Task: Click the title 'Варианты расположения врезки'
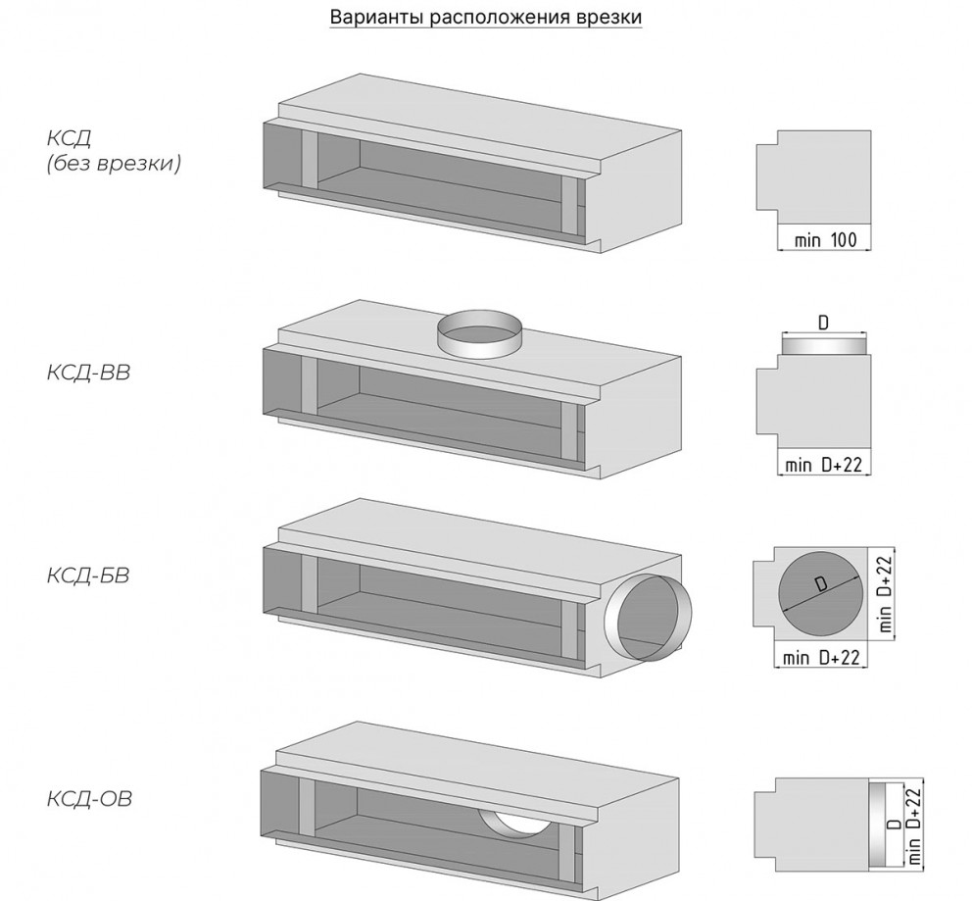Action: click(x=486, y=19)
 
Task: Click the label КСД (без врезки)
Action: click(x=113, y=150)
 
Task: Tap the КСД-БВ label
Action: click(x=88, y=575)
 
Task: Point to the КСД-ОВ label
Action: click(x=88, y=798)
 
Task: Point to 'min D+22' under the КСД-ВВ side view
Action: click(x=823, y=466)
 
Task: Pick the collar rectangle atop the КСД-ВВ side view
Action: click(x=824, y=344)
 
